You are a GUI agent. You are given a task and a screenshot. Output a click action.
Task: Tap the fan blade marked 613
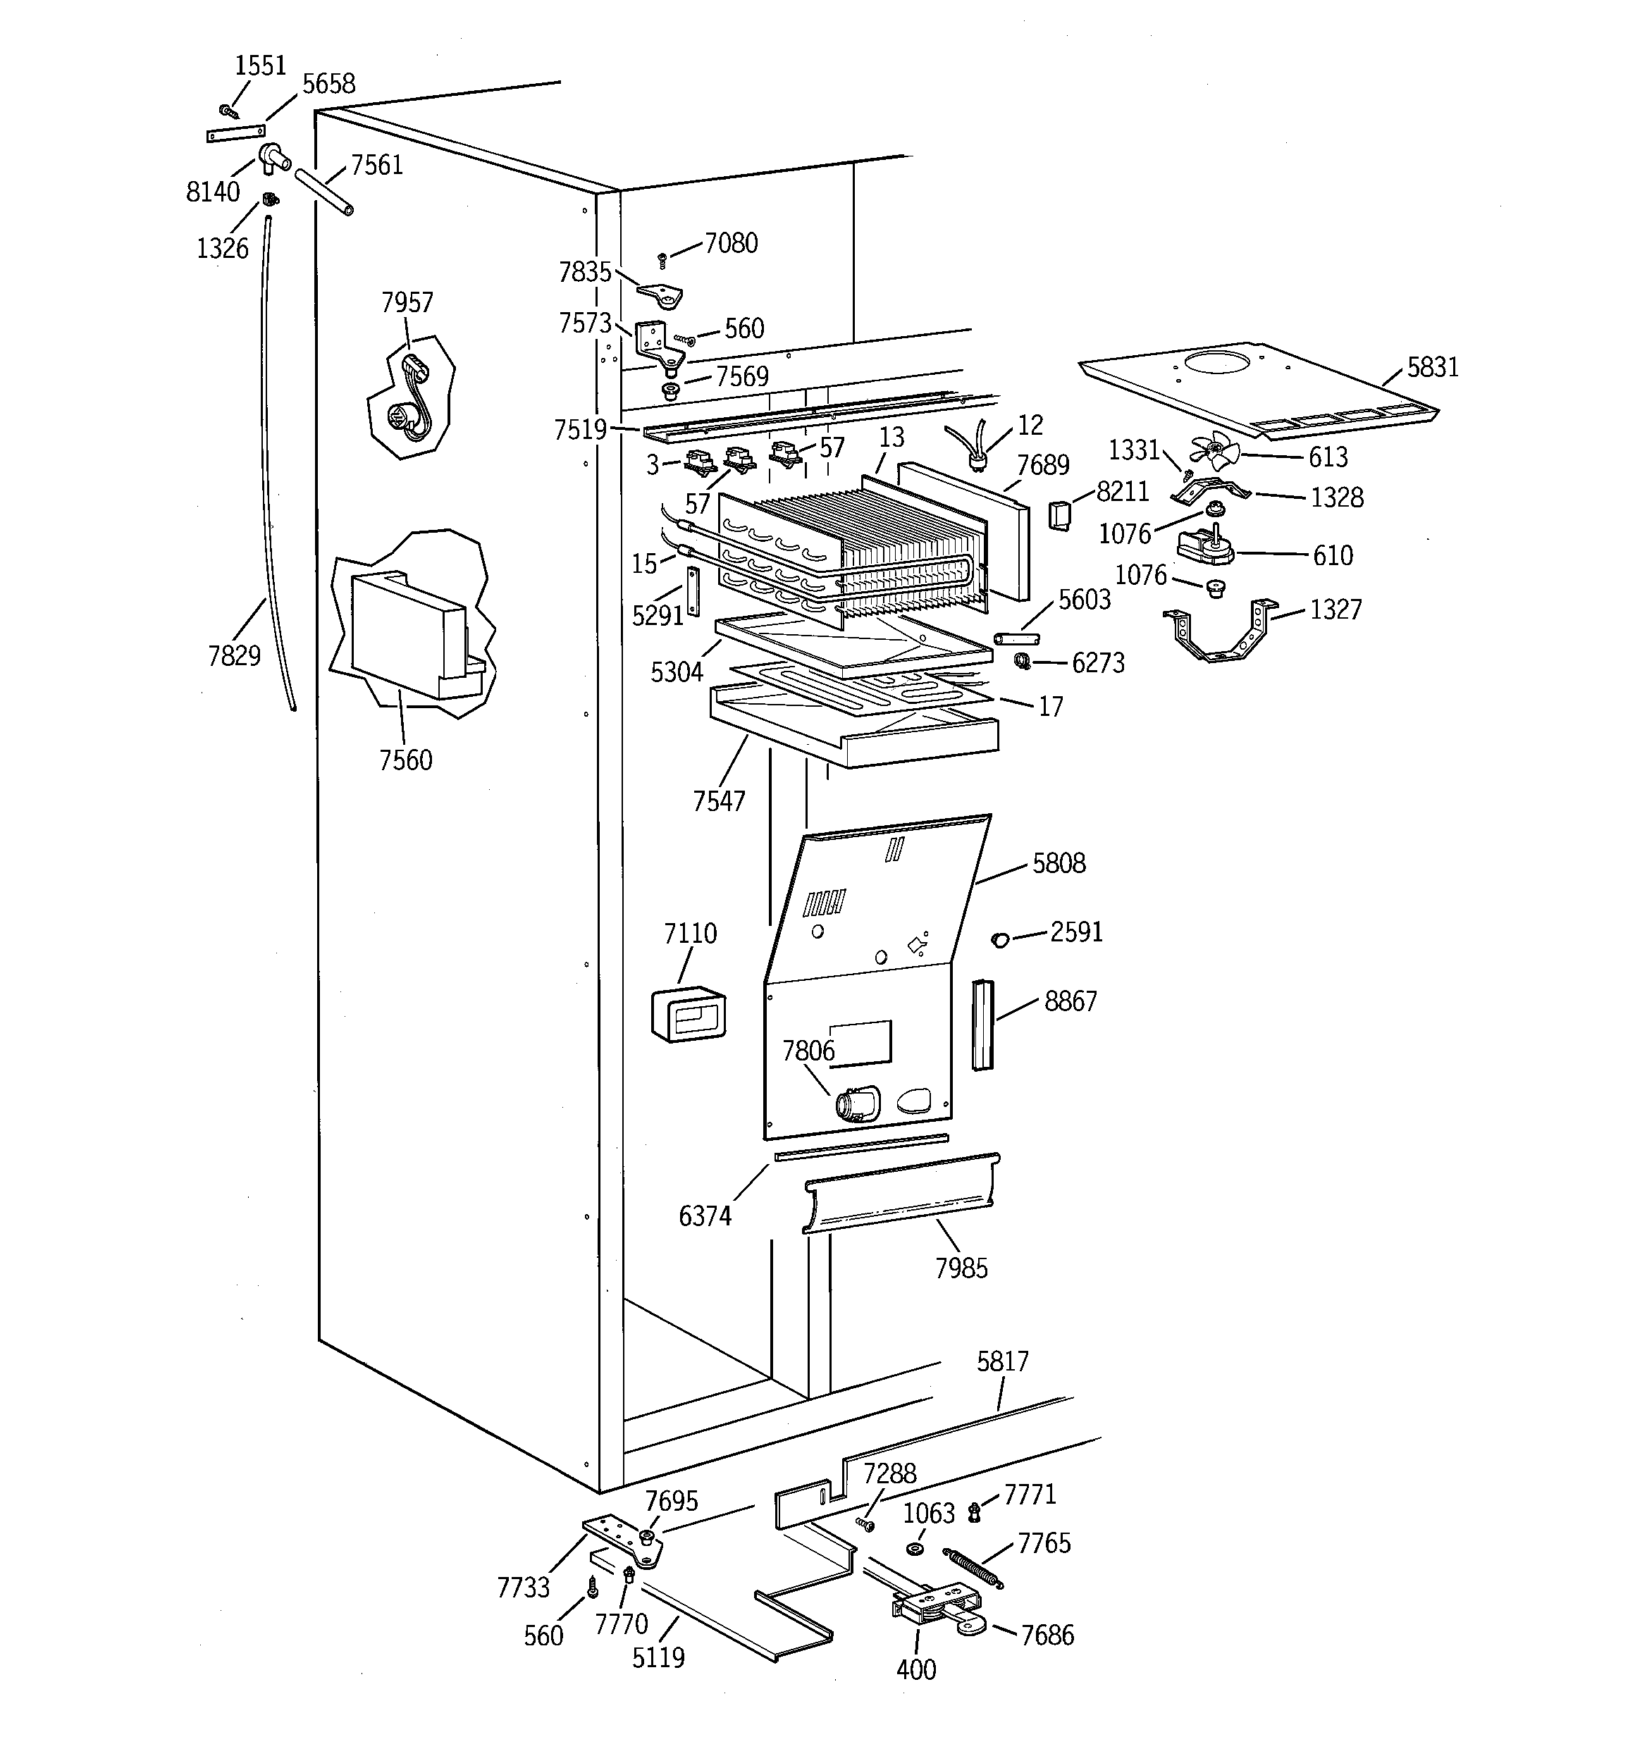[x=1214, y=454]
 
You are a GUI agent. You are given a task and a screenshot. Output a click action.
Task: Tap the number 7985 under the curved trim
[x=961, y=1268]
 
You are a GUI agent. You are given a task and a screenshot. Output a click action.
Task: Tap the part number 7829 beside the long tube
[x=234, y=655]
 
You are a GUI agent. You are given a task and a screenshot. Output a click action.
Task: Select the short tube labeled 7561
[x=324, y=191]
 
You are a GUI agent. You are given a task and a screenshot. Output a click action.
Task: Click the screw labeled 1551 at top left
[x=229, y=111]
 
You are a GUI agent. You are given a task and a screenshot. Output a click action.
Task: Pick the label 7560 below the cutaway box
[x=405, y=760]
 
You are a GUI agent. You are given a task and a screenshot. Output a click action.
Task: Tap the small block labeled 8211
[x=1059, y=516]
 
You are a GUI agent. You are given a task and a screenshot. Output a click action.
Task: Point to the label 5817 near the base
[x=1002, y=1361]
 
